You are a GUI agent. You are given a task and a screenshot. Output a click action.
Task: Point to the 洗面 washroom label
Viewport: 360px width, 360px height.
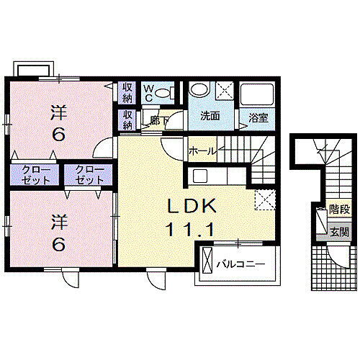(210, 116)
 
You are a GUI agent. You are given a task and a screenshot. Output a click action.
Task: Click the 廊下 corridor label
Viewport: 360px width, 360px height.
(151, 122)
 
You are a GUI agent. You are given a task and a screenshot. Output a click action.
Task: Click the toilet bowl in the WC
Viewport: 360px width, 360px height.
(165, 92)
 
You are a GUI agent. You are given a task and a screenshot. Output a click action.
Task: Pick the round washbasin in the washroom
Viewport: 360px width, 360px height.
(199, 91)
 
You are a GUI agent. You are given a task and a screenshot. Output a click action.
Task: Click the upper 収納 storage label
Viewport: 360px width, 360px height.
(127, 91)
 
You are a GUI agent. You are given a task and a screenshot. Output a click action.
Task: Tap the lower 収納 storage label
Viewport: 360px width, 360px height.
(127, 119)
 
